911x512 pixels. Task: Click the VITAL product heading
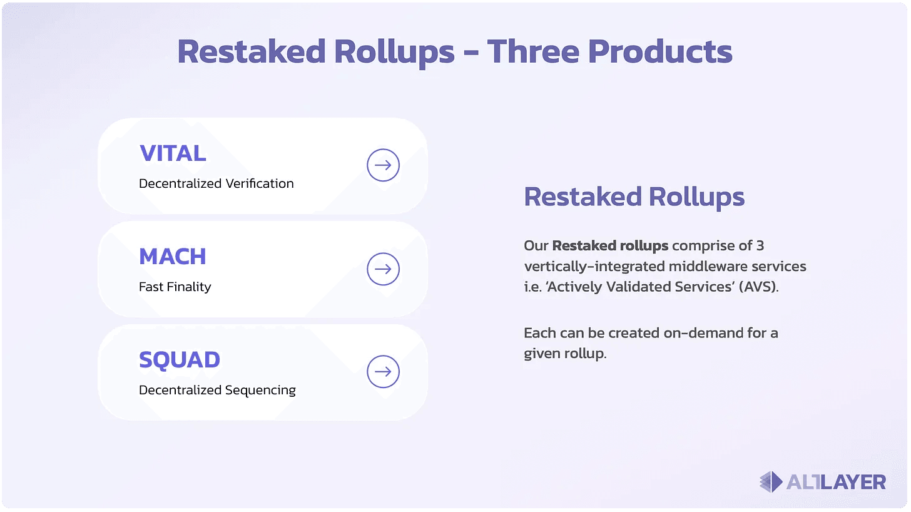173,153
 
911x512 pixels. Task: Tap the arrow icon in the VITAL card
383,165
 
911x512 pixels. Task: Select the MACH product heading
173,257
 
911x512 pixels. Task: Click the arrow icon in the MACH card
383,269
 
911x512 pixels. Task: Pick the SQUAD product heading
180,360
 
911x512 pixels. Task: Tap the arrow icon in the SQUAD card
383,372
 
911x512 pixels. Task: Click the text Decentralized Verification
216,183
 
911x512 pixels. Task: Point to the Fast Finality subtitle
175,287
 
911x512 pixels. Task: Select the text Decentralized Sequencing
217,390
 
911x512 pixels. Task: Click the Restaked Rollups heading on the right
634,197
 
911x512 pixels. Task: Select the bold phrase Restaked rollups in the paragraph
610,245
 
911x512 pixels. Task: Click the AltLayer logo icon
771,482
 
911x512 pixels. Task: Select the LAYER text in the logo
852,482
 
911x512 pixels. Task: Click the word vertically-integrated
594,267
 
